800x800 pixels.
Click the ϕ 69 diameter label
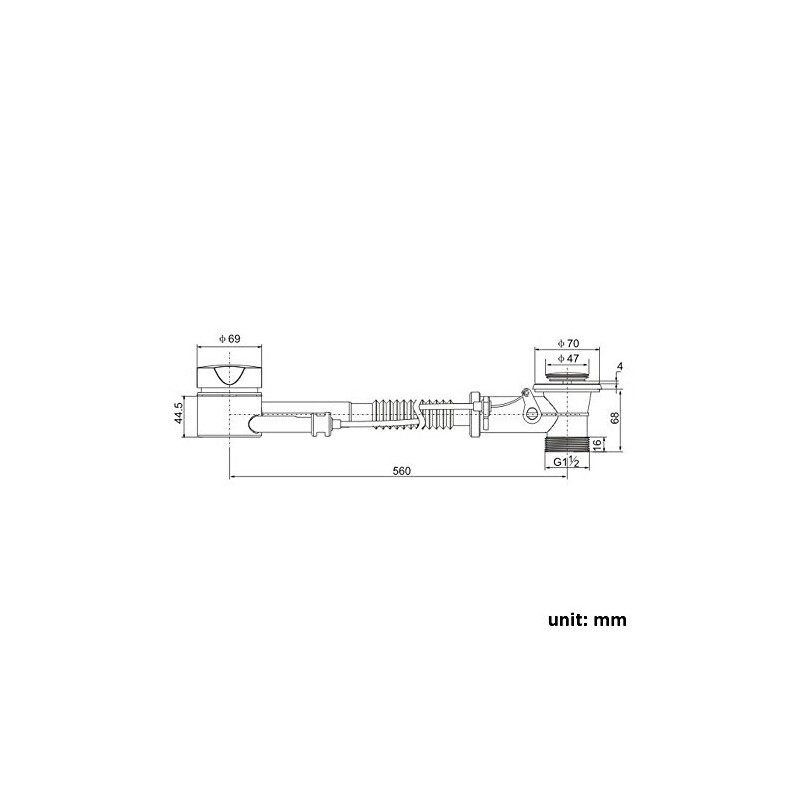click(230, 338)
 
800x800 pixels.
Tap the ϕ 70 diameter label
click(568, 343)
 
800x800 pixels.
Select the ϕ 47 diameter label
click(568, 358)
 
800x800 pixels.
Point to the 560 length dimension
click(402, 471)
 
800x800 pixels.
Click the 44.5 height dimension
click(178, 413)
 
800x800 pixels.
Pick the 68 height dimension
click(615, 417)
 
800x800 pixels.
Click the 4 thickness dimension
click(620, 366)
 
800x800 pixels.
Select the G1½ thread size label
click(566, 462)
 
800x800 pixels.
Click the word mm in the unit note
click(610, 620)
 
